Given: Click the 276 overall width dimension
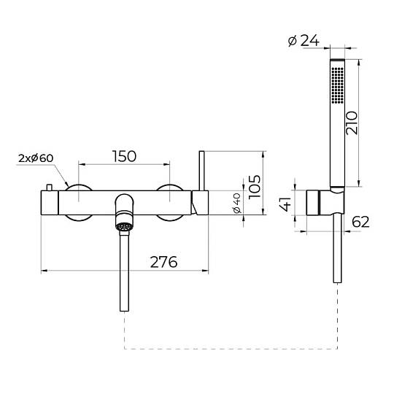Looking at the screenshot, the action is point(164,262).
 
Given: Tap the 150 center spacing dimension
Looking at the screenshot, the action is point(124,156).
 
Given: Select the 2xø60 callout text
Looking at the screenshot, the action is point(36,158).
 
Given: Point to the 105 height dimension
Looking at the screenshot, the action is point(255,187).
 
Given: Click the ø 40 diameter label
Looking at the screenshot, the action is point(237,204).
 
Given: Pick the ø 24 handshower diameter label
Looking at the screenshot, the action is point(304,40).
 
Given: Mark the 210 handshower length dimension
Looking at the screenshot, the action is point(351,123).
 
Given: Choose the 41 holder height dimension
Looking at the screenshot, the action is point(286,204).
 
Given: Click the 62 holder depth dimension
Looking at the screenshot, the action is point(360,222).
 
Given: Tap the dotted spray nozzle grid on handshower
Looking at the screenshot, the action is point(338,85).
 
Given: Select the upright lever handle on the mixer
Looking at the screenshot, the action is point(202,171).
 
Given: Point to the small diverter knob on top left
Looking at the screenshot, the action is point(50,188).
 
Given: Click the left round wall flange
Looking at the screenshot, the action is point(79,203).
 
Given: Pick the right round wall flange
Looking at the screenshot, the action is point(170,203).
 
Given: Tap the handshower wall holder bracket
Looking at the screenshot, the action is point(325,203).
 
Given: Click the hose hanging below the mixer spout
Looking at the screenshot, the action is point(124,271).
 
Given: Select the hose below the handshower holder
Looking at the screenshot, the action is point(337,249).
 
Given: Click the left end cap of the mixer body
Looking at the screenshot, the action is point(50,203).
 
